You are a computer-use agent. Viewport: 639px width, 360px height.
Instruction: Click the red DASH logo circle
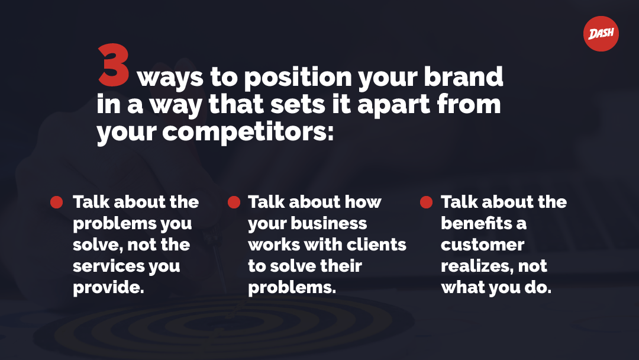click(601, 33)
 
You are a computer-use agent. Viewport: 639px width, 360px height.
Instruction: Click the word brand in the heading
click(463, 76)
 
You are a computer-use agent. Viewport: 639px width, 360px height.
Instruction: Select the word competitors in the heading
click(248, 131)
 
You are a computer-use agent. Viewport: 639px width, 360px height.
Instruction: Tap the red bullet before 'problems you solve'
click(57, 202)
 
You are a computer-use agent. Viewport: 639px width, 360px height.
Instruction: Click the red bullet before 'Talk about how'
click(234, 202)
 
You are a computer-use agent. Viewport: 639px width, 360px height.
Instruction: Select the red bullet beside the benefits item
click(426, 202)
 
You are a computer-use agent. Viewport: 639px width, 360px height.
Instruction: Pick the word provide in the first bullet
click(108, 288)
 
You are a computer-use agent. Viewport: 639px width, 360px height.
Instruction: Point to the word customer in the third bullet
click(483, 245)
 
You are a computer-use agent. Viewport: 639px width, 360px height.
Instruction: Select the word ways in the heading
click(170, 78)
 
